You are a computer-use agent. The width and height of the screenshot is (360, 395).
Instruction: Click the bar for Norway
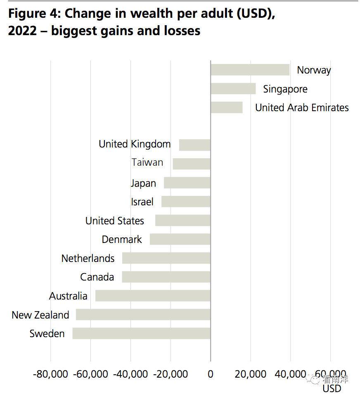click(250, 70)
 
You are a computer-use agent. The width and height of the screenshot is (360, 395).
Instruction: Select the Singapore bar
click(233, 89)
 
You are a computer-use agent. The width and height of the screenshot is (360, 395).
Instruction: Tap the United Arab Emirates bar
click(226, 107)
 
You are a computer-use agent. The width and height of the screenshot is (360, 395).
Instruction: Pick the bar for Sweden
click(141, 333)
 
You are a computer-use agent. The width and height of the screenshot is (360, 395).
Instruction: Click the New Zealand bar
click(143, 315)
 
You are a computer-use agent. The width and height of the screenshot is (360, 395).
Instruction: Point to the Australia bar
click(153, 296)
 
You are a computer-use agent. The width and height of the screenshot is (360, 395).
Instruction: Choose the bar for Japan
click(187, 183)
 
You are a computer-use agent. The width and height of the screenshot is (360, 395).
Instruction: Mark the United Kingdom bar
click(194, 145)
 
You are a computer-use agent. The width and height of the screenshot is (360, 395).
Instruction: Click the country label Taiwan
click(147, 162)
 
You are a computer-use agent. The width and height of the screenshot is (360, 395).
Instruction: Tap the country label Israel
click(142, 202)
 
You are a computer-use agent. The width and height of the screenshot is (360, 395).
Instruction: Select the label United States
click(115, 221)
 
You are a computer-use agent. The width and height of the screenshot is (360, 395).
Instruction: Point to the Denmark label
click(122, 239)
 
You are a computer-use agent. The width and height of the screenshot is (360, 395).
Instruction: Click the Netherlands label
click(88, 258)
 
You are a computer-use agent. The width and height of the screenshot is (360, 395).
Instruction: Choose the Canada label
click(97, 277)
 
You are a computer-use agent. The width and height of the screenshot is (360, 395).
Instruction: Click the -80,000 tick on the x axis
click(50, 374)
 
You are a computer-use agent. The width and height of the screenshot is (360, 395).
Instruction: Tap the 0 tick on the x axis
click(211, 374)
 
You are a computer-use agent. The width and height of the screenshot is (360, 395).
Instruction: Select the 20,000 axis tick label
click(250, 374)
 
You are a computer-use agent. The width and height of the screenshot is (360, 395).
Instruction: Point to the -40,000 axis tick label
click(130, 374)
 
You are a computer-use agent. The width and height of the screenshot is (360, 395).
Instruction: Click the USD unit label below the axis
click(332, 388)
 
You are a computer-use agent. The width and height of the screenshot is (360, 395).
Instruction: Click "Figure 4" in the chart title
click(33, 14)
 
